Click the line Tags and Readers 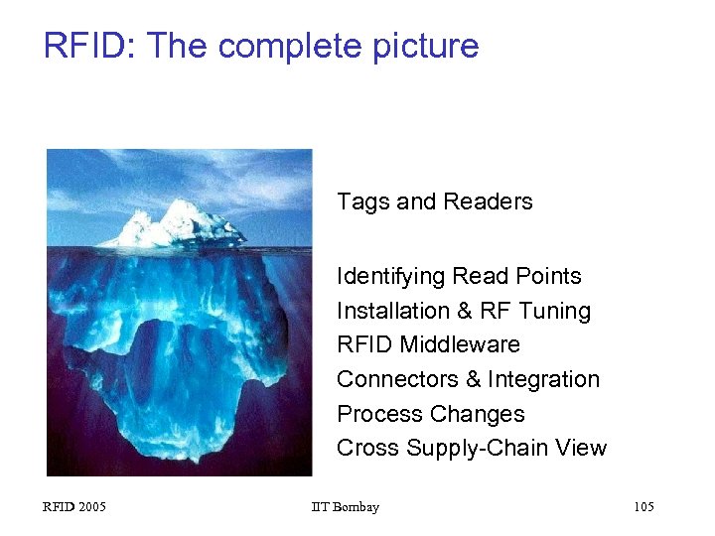(x=434, y=201)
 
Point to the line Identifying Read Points (x=459, y=276)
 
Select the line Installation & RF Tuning (x=463, y=311)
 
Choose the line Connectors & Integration (x=468, y=379)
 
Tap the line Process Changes (x=430, y=414)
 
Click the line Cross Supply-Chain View (x=471, y=448)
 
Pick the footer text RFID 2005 (x=74, y=507)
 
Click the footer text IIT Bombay (x=345, y=507)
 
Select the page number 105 (x=643, y=507)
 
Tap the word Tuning (x=552, y=311)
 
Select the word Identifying (x=390, y=276)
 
